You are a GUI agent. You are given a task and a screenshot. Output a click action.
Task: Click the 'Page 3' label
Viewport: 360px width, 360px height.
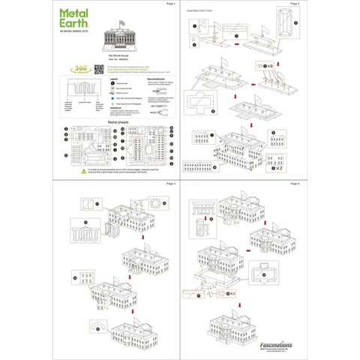pyautogui.click(x=169, y=183)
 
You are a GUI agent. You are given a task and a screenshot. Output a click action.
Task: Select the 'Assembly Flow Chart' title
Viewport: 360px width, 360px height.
pyautogui.click(x=207, y=13)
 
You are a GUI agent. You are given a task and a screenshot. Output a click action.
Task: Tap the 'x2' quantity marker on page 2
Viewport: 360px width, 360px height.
pyautogui.click(x=279, y=169)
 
